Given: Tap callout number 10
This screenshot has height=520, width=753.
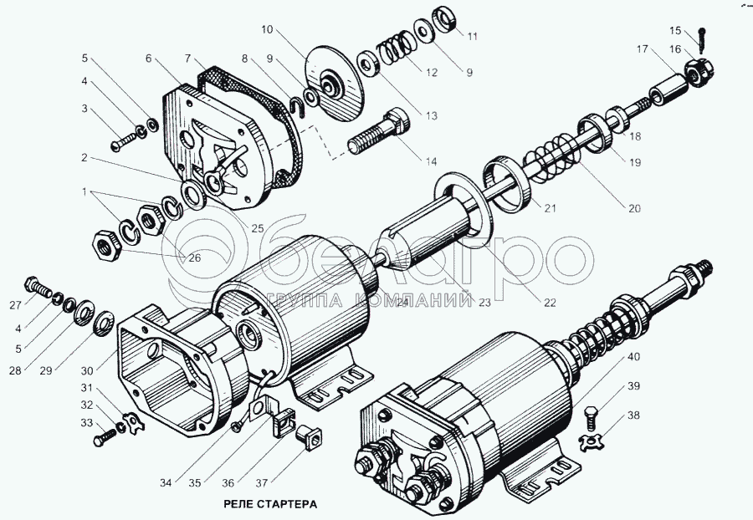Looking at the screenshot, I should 267,29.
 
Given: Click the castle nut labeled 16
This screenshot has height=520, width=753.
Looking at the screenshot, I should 696,74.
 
